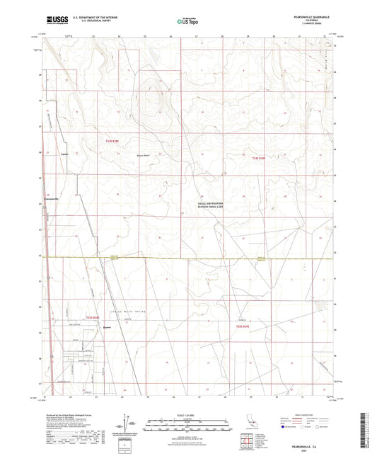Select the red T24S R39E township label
tap(262, 159)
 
